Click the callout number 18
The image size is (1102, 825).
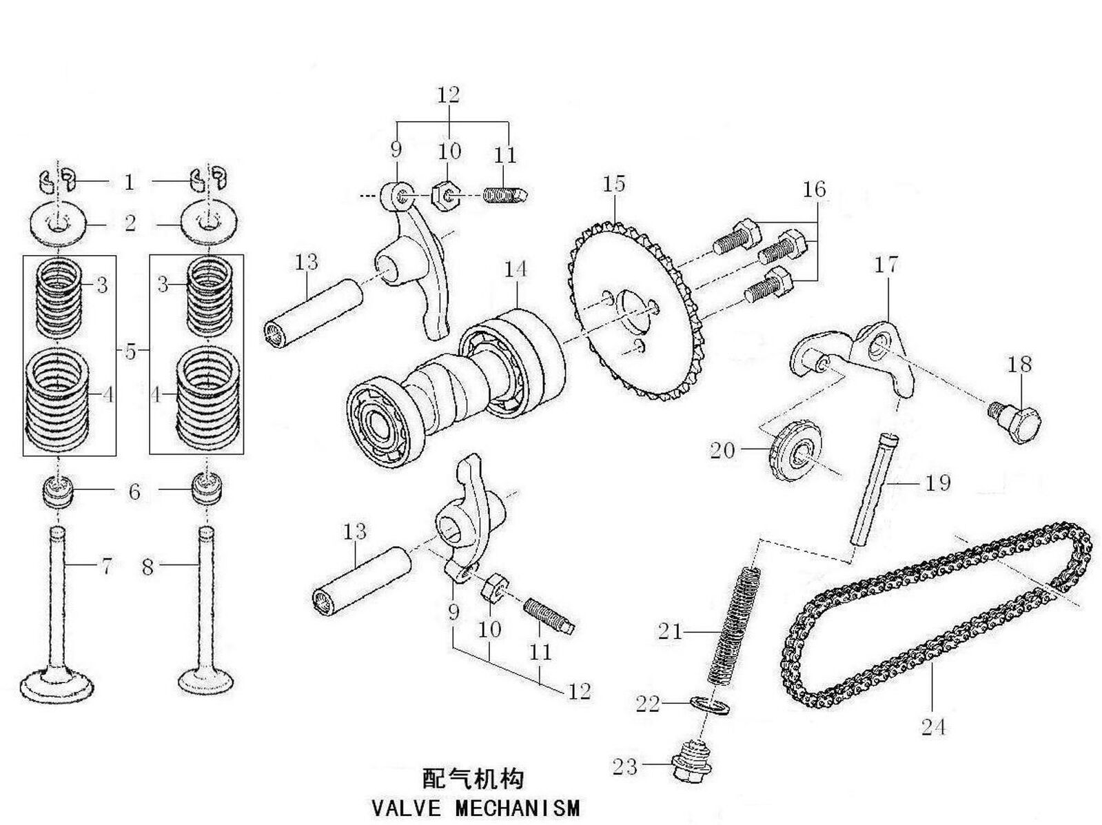pyautogui.click(x=1019, y=365)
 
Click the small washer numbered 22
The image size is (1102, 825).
pyautogui.click(x=708, y=704)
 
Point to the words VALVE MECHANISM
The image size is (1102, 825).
pyautogui.click(x=476, y=807)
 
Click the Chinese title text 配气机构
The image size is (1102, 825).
pyautogui.click(x=473, y=779)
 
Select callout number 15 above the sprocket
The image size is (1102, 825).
pyautogui.click(x=613, y=185)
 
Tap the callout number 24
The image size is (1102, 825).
pyautogui.click(x=933, y=726)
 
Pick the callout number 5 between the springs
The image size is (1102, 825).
pyautogui.click(x=131, y=352)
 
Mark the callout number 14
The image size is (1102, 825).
pyautogui.click(x=515, y=269)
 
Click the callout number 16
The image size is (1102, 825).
pyautogui.click(x=814, y=190)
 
